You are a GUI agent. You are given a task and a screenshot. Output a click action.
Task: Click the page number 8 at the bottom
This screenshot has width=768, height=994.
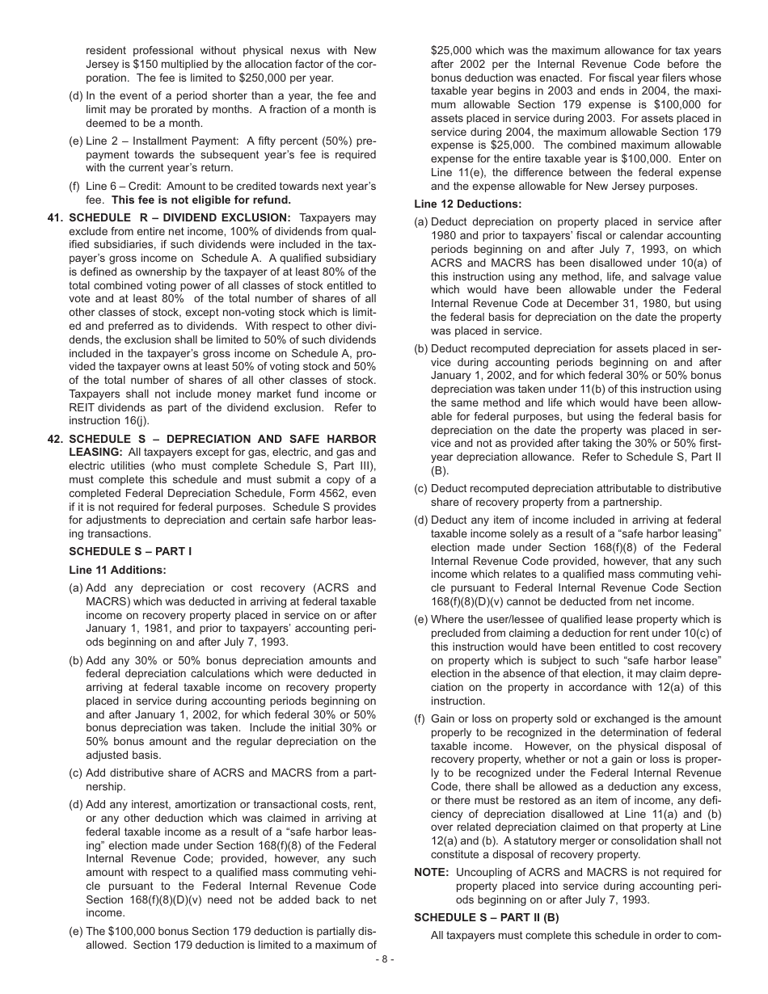(x=384, y=959)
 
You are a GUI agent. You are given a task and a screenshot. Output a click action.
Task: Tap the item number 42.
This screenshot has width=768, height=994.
(x=55, y=439)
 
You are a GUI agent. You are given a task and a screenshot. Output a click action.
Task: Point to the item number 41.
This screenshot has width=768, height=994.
(x=55, y=217)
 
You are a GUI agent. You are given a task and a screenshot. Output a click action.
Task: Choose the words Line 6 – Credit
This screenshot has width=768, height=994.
(x=125, y=186)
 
